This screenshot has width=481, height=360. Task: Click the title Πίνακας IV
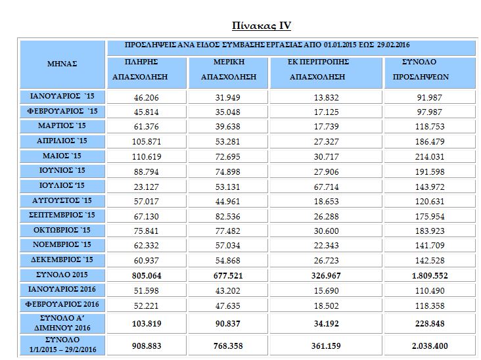(x=262, y=26)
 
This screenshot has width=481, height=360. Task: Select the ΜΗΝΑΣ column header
(x=62, y=64)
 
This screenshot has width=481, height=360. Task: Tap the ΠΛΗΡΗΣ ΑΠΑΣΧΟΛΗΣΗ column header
(x=140, y=69)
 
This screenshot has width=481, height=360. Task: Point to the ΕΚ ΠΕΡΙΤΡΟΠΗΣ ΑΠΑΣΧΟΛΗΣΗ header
(x=318, y=69)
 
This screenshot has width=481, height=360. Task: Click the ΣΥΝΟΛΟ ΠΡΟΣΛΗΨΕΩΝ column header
(x=421, y=69)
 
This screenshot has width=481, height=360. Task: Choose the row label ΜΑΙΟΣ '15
(x=62, y=156)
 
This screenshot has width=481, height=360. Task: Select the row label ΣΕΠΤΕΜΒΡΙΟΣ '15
(x=62, y=215)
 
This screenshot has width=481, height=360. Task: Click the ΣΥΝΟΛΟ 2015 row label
(x=62, y=275)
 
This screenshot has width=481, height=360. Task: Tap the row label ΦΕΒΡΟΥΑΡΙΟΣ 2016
(x=62, y=305)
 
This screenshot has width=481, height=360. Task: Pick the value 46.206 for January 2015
(x=147, y=97)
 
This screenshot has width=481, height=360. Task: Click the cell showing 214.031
(x=430, y=157)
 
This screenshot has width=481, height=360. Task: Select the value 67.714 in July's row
(x=326, y=187)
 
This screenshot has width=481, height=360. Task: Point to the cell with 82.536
(x=227, y=217)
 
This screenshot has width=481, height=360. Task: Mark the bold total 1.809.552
(x=430, y=276)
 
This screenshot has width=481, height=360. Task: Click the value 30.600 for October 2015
(x=326, y=231)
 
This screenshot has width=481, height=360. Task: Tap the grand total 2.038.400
(x=430, y=346)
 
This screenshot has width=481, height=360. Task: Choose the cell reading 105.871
(x=147, y=142)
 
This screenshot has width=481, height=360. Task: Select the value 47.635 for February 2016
(x=227, y=305)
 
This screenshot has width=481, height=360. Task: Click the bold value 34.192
(x=326, y=323)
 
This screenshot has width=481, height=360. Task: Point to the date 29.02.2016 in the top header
(x=393, y=45)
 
